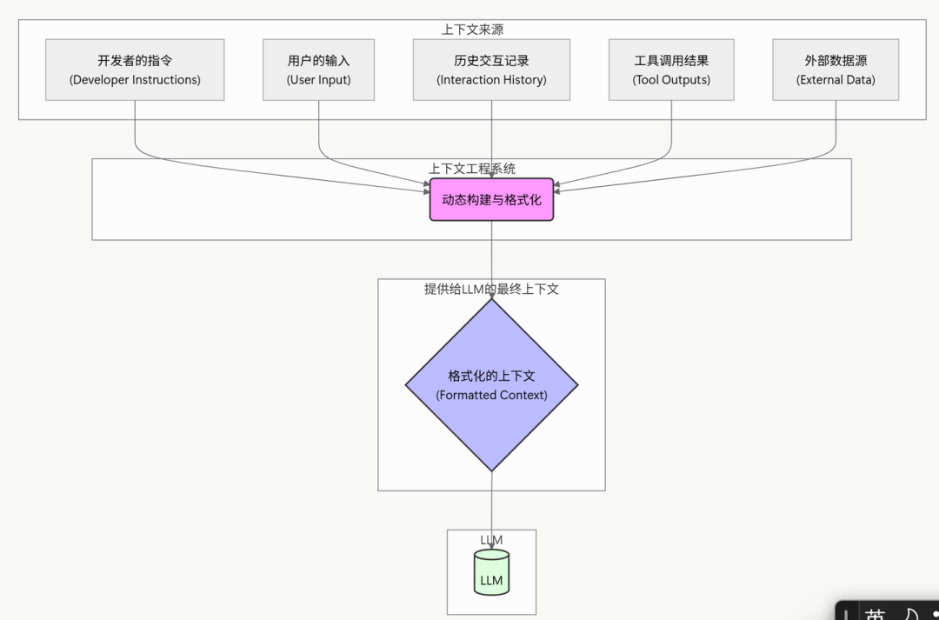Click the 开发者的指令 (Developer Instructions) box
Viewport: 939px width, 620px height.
pyautogui.click(x=135, y=70)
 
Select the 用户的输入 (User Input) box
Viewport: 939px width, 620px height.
pyautogui.click(x=318, y=70)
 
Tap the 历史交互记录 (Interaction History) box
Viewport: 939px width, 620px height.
pyautogui.click(x=491, y=70)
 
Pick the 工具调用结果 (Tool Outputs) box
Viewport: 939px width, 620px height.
pyautogui.click(x=671, y=70)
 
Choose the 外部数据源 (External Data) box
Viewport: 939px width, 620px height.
pyautogui.click(x=836, y=70)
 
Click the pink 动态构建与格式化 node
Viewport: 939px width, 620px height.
pyautogui.click(x=491, y=200)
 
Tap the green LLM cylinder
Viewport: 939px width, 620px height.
pyautogui.click(x=491, y=573)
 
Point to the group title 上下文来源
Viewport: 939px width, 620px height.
pyautogui.click(x=472, y=30)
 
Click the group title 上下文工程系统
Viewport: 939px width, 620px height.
pyautogui.click(x=472, y=169)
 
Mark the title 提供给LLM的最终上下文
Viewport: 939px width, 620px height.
pyautogui.click(x=491, y=289)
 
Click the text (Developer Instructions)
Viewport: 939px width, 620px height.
pyautogui.click(x=135, y=80)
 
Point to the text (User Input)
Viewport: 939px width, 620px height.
pyautogui.click(x=318, y=80)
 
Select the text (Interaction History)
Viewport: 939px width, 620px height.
pyautogui.click(x=491, y=80)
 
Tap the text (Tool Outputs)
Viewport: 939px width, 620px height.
pyautogui.click(x=671, y=80)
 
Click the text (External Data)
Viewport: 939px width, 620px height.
pyautogui.click(x=836, y=80)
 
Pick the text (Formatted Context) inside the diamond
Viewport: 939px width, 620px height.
pyautogui.click(x=491, y=395)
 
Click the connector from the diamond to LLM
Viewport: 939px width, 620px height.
pyautogui.click(x=492, y=504)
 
